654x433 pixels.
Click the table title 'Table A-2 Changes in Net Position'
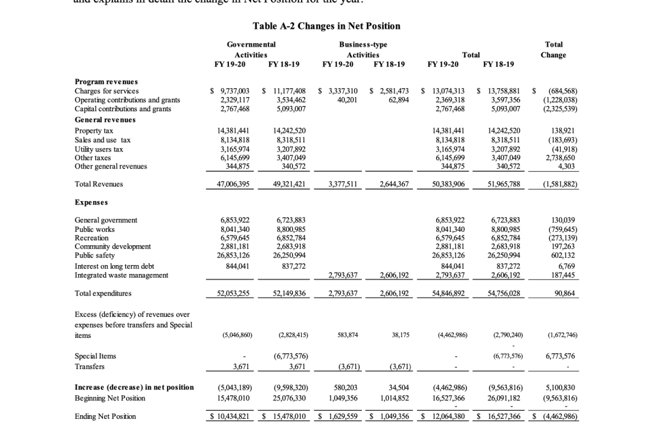click(327, 26)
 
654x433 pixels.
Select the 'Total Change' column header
click(554, 50)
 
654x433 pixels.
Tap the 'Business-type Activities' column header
click(363, 50)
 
